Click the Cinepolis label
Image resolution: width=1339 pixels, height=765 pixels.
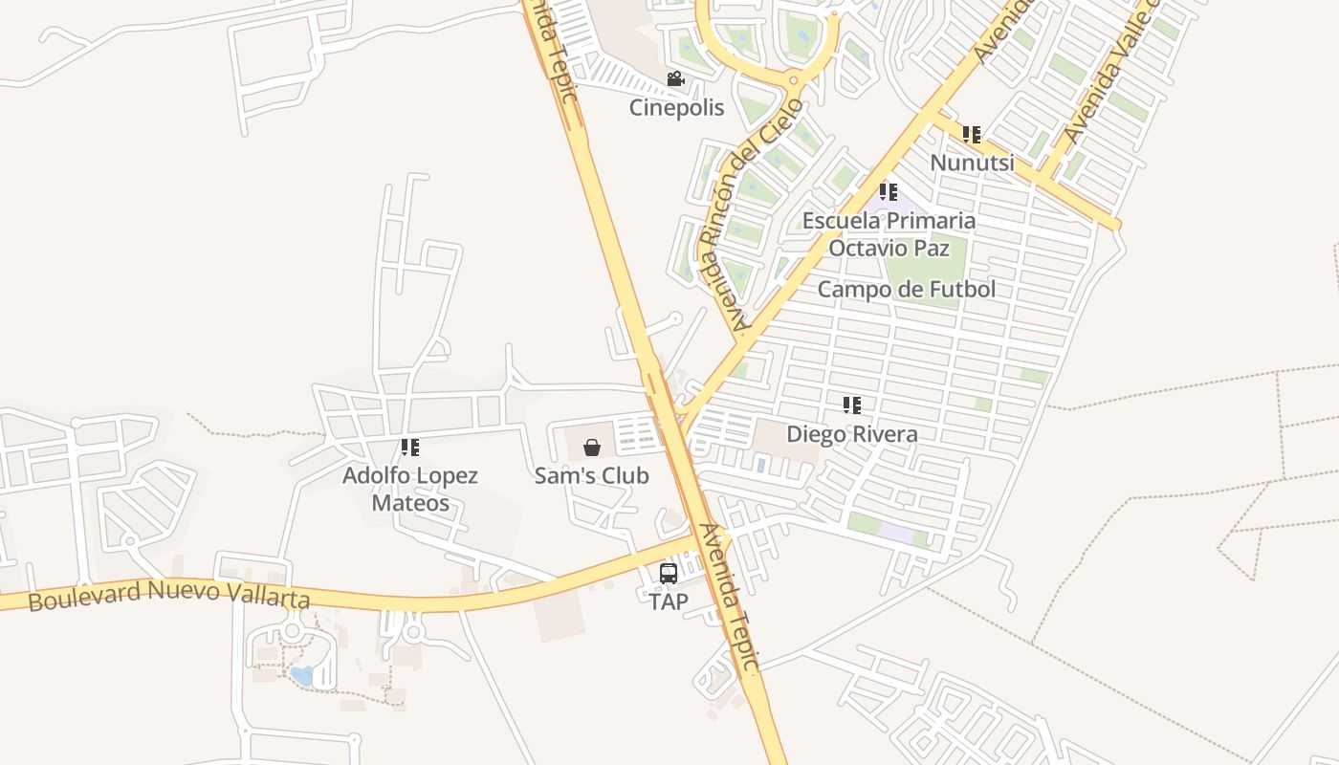pyautogui.click(x=676, y=107)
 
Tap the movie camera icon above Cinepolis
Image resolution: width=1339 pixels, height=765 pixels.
pyautogui.click(x=675, y=78)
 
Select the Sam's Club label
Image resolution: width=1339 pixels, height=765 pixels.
pyautogui.click(x=591, y=475)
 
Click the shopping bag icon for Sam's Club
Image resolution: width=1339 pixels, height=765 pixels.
pyautogui.click(x=592, y=447)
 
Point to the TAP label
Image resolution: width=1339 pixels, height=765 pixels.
pyautogui.click(x=668, y=602)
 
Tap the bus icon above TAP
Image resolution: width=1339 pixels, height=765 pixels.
pyautogui.click(x=669, y=574)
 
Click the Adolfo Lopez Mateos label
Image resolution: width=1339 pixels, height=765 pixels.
pyautogui.click(x=410, y=489)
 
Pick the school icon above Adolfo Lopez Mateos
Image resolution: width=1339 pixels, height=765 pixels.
pyautogui.click(x=410, y=447)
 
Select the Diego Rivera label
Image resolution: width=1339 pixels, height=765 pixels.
pyautogui.click(x=851, y=434)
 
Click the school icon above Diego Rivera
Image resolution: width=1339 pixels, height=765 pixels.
pyautogui.click(x=852, y=405)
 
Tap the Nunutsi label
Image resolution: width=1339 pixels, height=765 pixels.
pyautogui.click(x=972, y=163)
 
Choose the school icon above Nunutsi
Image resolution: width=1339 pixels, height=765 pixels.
pyautogui.click(x=972, y=135)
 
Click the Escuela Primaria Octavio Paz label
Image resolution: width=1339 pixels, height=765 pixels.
pyautogui.click(x=889, y=234)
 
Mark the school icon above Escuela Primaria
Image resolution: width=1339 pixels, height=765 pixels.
pyautogui.click(x=889, y=192)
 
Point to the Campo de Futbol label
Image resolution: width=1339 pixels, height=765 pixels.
pyautogui.click(x=907, y=289)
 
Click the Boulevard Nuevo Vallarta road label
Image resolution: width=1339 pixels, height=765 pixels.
pyautogui.click(x=169, y=595)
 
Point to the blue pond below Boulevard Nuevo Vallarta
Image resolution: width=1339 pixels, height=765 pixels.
pyautogui.click(x=302, y=676)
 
